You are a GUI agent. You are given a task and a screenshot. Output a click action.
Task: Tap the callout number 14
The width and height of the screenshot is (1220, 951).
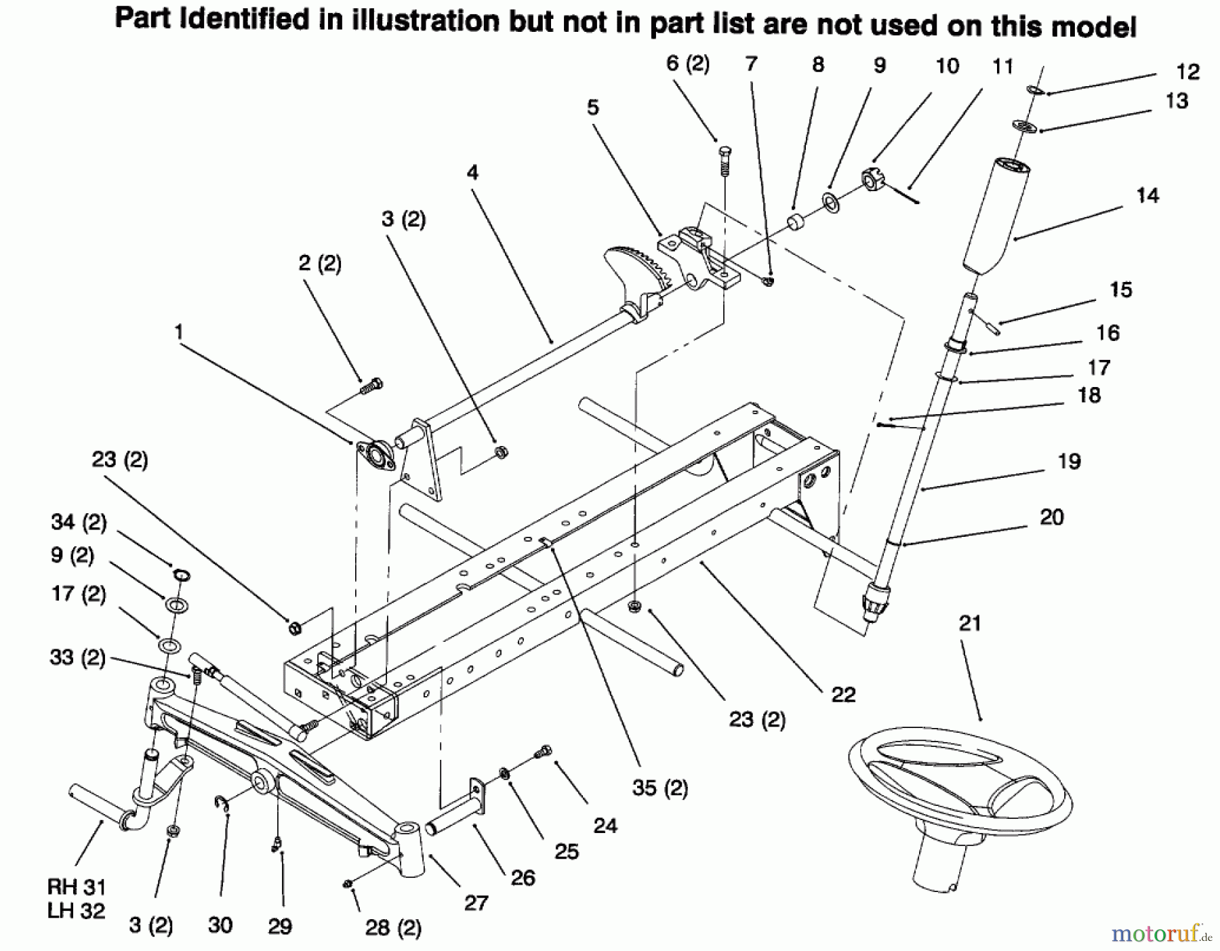click(1147, 196)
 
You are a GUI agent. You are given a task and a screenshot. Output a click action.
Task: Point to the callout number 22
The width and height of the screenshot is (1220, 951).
click(843, 694)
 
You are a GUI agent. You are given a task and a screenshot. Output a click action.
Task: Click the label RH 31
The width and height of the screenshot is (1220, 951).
click(76, 887)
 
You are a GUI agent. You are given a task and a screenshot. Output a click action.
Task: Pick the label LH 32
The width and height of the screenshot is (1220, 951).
click(76, 911)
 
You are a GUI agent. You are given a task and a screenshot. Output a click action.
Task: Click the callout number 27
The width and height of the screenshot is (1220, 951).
click(476, 903)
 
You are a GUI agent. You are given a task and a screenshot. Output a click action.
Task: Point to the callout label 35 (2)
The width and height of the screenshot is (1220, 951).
click(659, 788)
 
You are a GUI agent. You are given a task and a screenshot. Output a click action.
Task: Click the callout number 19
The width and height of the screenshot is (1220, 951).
click(1069, 462)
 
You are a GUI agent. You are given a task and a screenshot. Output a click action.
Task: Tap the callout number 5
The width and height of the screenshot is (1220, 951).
click(593, 107)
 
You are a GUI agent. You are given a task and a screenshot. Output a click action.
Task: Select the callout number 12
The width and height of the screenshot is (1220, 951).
click(1188, 72)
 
